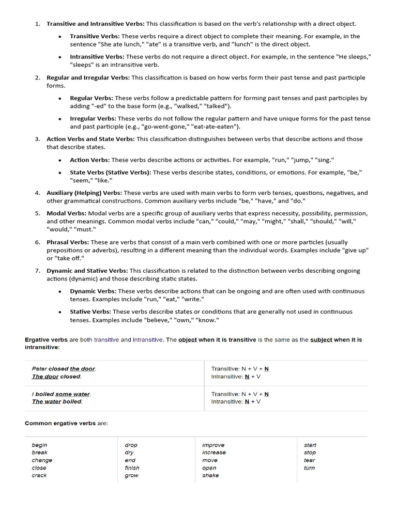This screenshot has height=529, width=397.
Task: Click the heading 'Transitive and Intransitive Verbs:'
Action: (x=96, y=24)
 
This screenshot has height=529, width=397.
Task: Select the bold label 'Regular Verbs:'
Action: (x=91, y=98)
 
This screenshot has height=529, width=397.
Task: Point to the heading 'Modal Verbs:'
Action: (x=67, y=213)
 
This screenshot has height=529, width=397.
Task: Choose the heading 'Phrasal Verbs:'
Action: (x=68, y=242)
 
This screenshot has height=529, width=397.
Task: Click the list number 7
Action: (x=38, y=271)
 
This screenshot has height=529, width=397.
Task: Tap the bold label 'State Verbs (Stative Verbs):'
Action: (x=111, y=173)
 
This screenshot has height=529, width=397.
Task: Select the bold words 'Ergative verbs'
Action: (x=46, y=340)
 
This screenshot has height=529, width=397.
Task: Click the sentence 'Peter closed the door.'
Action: (x=64, y=369)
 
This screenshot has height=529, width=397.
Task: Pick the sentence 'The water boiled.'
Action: (x=57, y=401)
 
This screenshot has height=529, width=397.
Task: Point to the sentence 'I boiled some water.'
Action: (x=61, y=394)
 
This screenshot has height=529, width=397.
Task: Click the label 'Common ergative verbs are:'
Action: (x=66, y=424)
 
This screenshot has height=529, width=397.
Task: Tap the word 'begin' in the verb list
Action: (x=39, y=445)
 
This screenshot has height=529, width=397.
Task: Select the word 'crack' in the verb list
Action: (x=39, y=475)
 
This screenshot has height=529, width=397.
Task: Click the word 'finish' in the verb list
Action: (x=132, y=468)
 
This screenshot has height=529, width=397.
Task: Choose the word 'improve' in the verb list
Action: (x=213, y=445)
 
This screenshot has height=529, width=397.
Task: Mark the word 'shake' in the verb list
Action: (x=210, y=475)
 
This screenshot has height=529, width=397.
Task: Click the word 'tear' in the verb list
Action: (x=309, y=460)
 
